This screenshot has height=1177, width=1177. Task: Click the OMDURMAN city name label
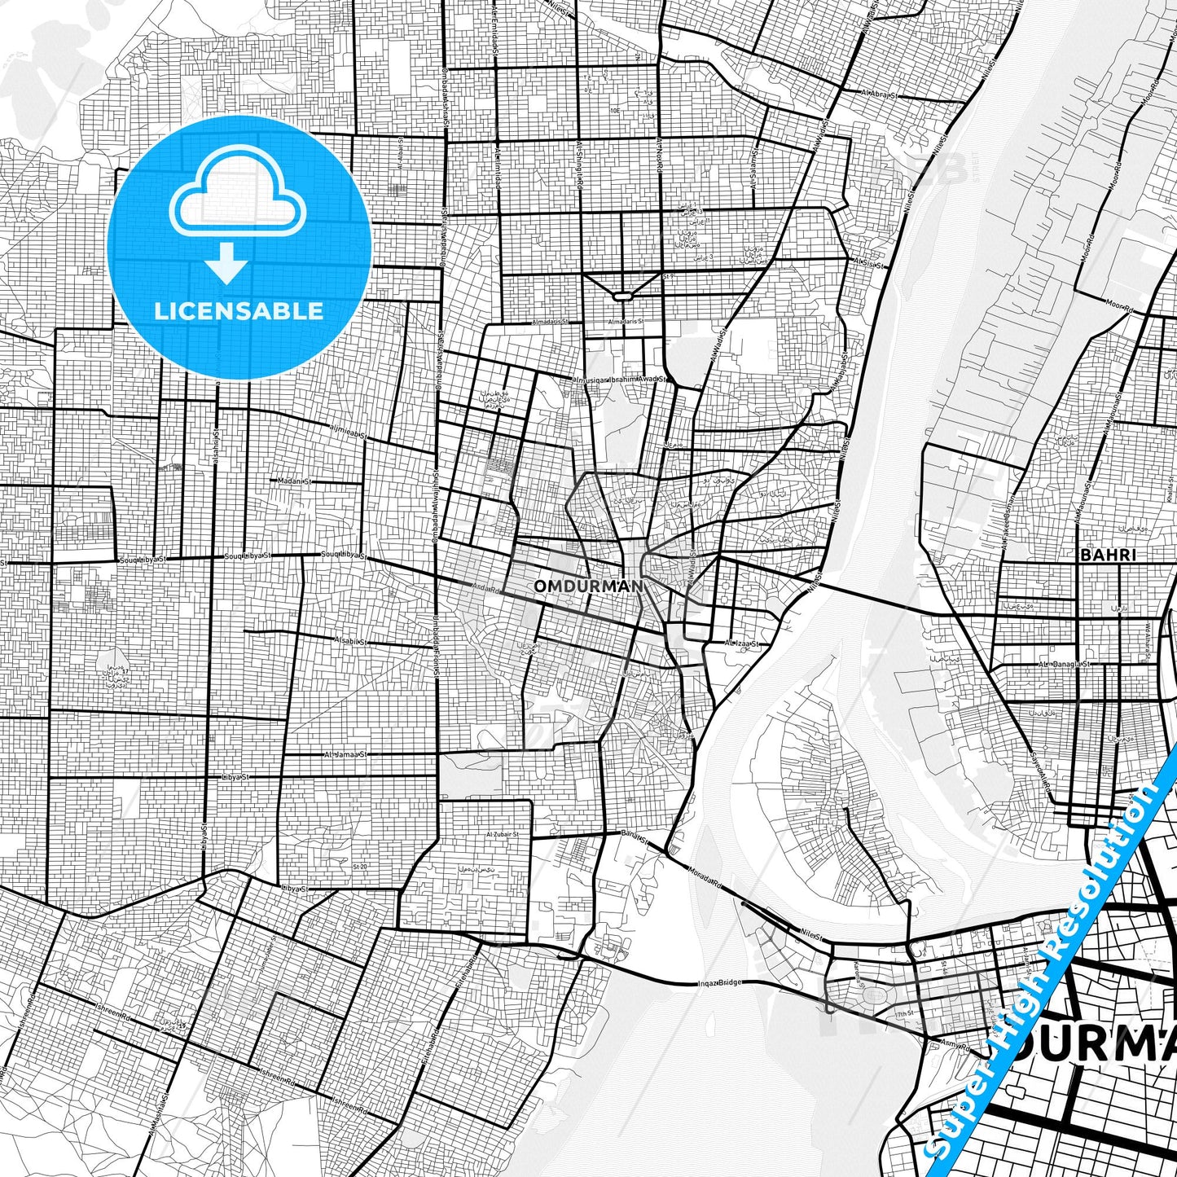588,586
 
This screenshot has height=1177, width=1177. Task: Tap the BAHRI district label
1107,555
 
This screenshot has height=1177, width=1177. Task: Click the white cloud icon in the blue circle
237,198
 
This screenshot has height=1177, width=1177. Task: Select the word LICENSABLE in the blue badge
239,311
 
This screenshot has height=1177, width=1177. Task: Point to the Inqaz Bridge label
720,983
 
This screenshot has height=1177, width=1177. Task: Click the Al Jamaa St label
345,754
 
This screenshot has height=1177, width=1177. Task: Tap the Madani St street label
294,481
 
